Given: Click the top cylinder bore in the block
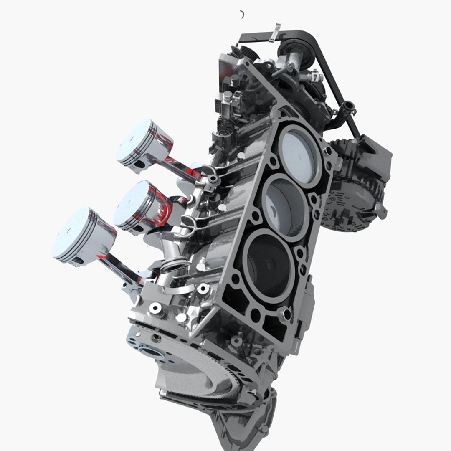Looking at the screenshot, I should coord(299,154).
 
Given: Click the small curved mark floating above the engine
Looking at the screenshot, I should coord(242,15).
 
